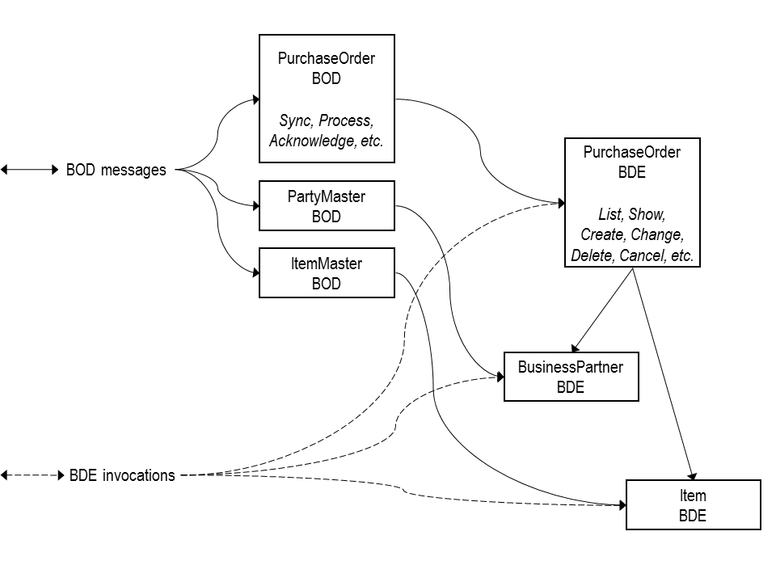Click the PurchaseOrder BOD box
327,99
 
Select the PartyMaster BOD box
326,206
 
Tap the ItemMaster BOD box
326,273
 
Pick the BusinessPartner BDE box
571,377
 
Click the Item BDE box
693,505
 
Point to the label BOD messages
116,170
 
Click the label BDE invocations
122,475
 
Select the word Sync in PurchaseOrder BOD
296,120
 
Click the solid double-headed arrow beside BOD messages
29,170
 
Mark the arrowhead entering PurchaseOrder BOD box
255,100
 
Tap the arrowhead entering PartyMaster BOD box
255,205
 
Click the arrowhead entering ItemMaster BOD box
255,272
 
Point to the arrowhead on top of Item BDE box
693,475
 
